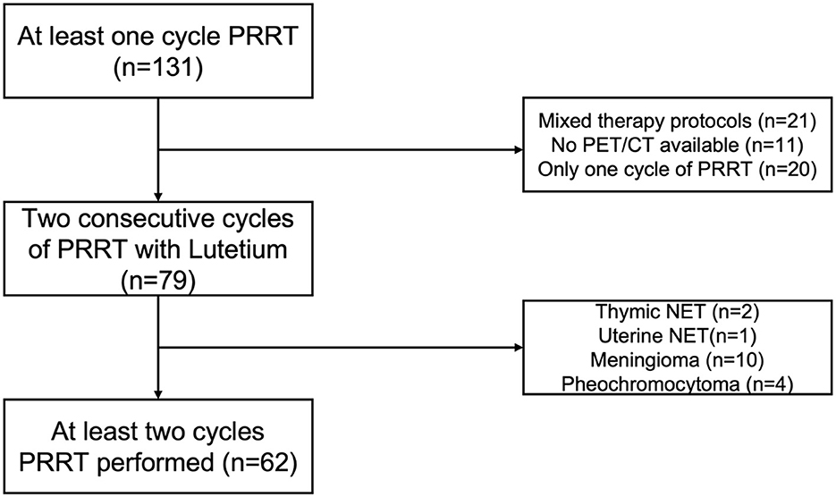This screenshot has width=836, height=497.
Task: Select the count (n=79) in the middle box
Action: (157, 282)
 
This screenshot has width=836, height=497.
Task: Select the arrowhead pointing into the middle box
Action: (157, 192)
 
